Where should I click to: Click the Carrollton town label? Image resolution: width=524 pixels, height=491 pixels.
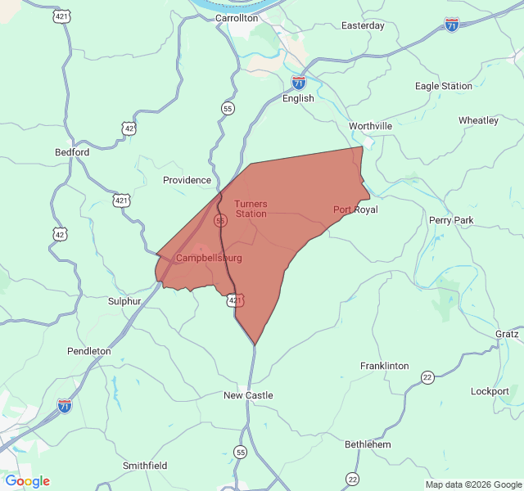pyautogui.click(x=237, y=17)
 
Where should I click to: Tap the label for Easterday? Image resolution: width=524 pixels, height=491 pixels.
pyautogui.click(x=363, y=25)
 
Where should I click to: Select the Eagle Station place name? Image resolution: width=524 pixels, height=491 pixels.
pyautogui.click(x=444, y=86)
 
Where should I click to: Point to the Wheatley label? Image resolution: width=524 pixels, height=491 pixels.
pyautogui.click(x=478, y=120)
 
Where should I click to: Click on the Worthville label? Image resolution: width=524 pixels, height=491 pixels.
pyautogui.click(x=370, y=126)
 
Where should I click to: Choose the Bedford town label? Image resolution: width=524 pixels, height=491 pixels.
pyautogui.click(x=72, y=152)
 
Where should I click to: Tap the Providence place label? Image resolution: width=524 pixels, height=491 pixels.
pyautogui.click(x=187, y=180)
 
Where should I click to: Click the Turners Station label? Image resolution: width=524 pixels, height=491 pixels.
pyautogui.click(x=251, y=209)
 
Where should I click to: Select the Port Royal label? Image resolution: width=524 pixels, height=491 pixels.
pyautogui.click(x=355, y=209)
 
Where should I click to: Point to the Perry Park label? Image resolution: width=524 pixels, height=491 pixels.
pyautogui.click(x=451, y=220)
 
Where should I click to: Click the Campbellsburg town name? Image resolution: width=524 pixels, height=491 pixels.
pyautogui.click(x=209, y=258)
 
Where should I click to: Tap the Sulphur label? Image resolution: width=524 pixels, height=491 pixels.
pyautogui.click(x=124, y=301)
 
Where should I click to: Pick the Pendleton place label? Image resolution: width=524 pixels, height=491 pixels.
pyautogui.click(x=89, y=351)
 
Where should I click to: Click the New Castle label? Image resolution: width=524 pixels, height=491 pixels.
pyautogui.click(x=248, y=395)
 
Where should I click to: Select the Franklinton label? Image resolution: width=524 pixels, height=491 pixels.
pyautogui.click(x=385, y=366)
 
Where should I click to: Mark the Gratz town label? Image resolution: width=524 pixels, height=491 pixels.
pyautogui.click(x=506, y=334)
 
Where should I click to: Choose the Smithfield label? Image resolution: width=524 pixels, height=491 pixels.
pyautogui.click(x=145, y=466)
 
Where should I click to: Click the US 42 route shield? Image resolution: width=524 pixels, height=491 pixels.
pyautogui.click(x=60, y=234)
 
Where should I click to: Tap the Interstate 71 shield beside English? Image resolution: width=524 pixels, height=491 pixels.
pyautogui.click(x=298, y=83)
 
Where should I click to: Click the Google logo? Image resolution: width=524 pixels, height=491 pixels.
pyautogui.click(x=27, y=481)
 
